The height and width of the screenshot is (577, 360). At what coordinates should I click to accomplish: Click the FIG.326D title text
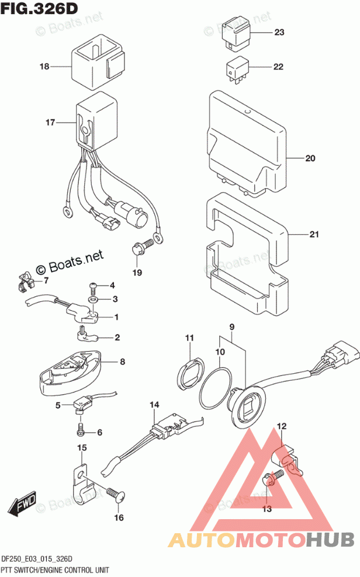(40, 8)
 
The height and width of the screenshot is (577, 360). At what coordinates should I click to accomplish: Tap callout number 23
(278, 33)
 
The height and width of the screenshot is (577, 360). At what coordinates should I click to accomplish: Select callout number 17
(50, 123)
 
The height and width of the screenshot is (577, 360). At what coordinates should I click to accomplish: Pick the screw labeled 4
(93, 287)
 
